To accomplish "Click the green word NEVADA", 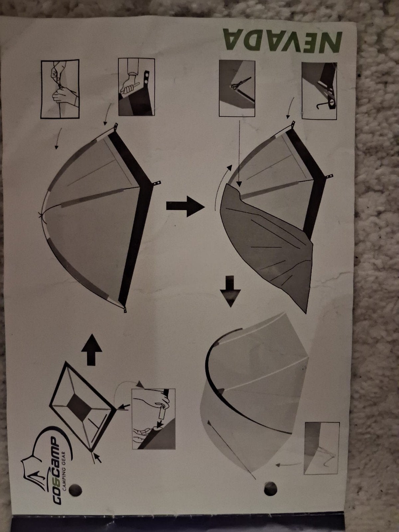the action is (283, 41).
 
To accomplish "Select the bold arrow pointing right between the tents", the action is (186, 206).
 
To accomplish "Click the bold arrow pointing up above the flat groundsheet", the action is (91, 350).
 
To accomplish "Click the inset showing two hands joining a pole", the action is (60, 89).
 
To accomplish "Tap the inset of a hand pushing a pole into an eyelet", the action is (136, 87).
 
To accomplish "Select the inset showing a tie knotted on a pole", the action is (237, 88).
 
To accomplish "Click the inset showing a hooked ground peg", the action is (319, 91).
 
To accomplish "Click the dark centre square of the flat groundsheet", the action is (79, 407).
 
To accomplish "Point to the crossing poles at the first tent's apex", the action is (41, 214).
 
